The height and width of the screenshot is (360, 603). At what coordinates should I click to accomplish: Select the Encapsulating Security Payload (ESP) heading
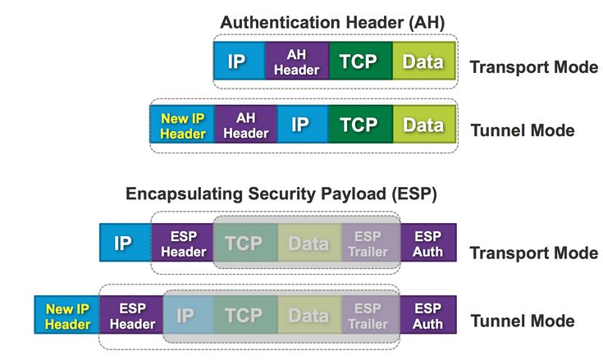click(x=281, y=194)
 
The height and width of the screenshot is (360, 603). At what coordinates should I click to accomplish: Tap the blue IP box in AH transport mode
click(x=239, y=62)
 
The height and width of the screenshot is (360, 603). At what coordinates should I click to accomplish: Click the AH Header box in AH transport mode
click(x=296, y=62)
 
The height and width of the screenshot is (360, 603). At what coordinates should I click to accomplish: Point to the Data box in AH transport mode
click(x=423, y=62)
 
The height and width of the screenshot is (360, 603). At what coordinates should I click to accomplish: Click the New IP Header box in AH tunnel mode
click(x=182, y=125)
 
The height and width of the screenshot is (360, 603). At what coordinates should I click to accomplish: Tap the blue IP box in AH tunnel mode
click(x=300, y=125)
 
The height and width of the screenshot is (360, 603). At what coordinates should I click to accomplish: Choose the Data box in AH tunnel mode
click(x=423, y=125)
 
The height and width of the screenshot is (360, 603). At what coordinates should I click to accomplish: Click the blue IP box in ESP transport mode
click(x=125, y=244)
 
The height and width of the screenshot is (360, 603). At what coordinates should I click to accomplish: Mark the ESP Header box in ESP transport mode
click(x=182, y=244)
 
